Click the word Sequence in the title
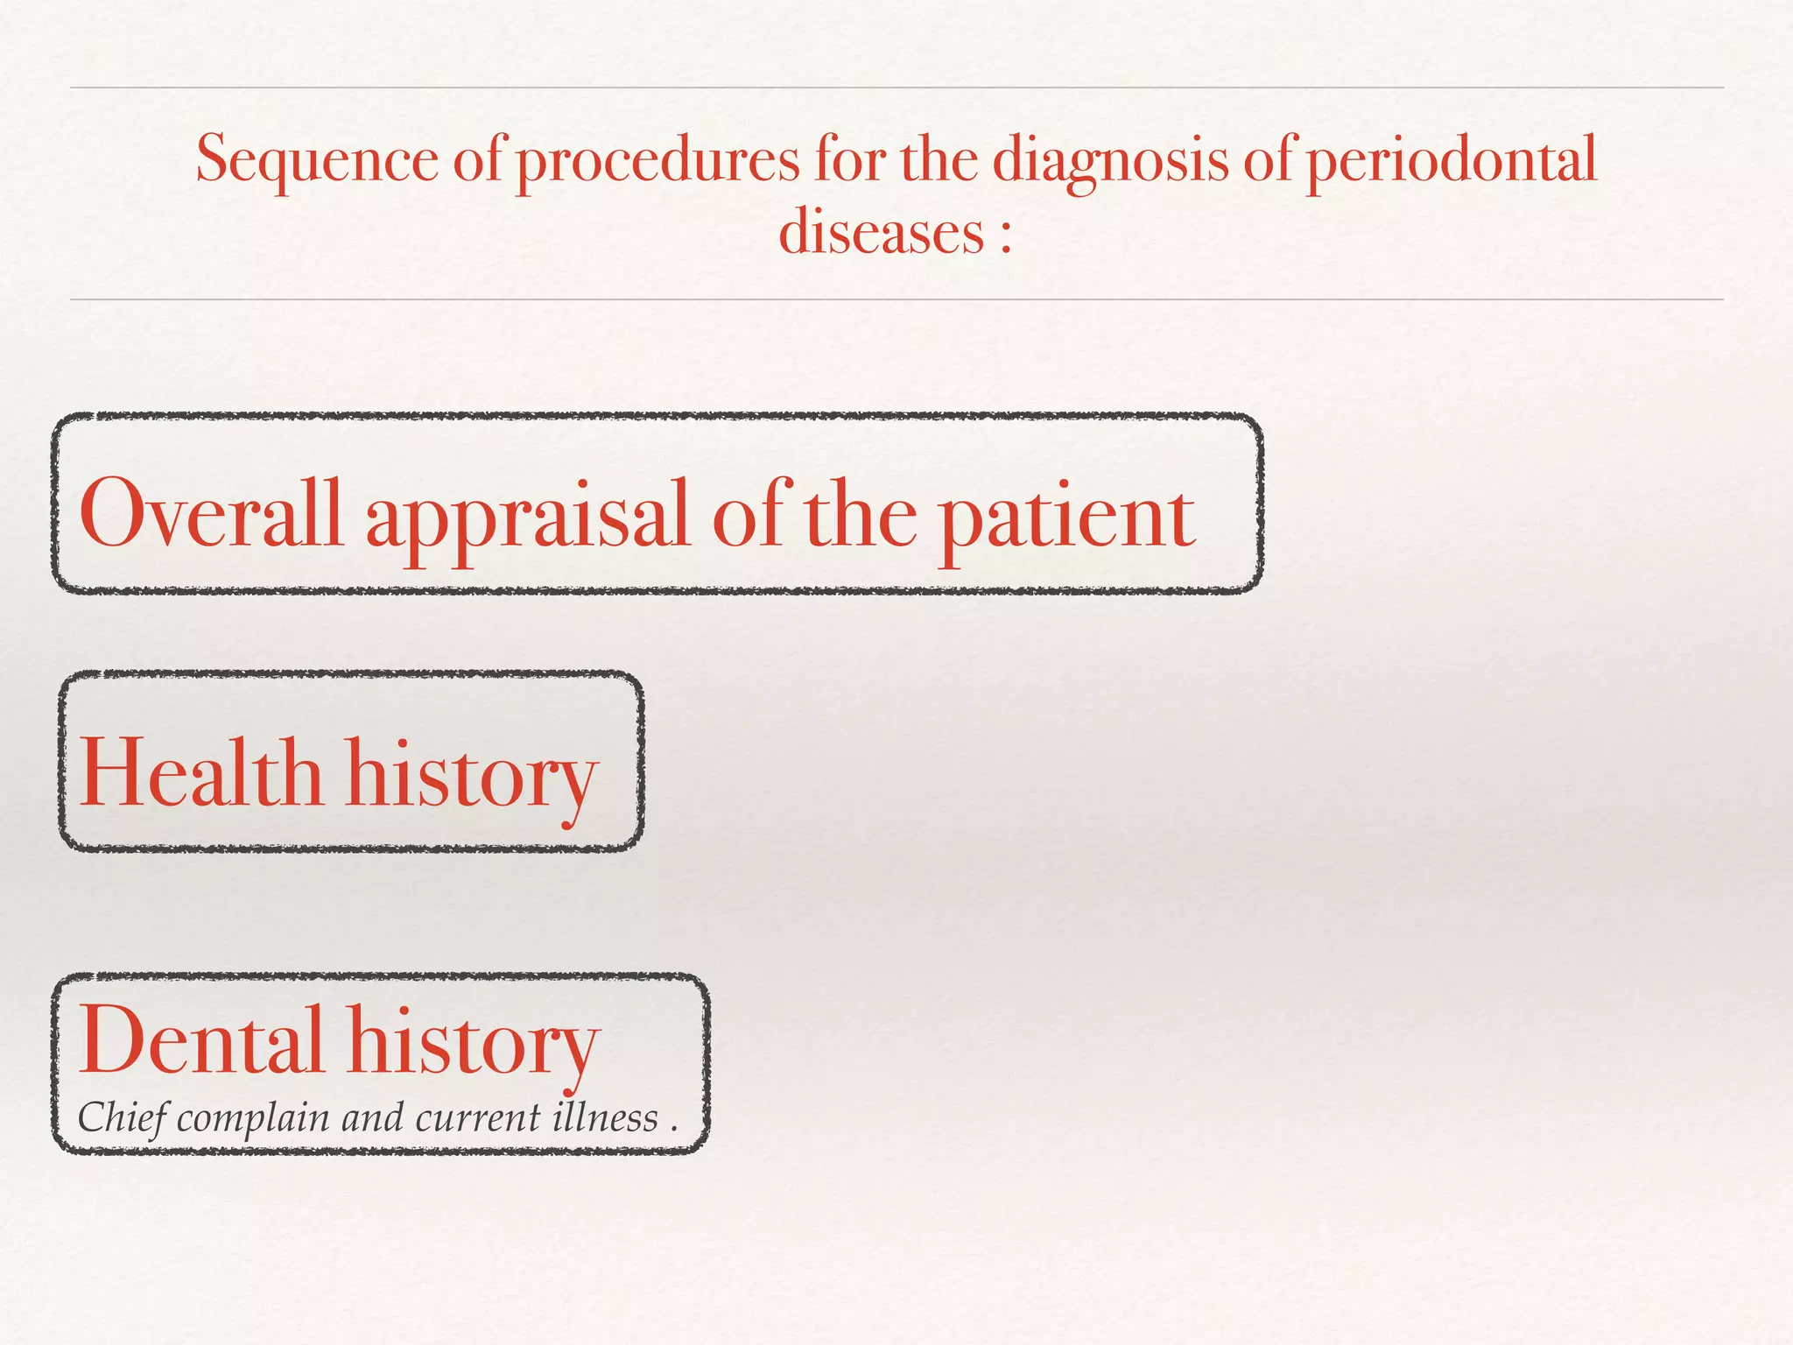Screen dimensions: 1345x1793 click(317, 160)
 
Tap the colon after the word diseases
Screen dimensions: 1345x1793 click(1005, 236)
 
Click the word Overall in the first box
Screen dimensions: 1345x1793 click(210, 514)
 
